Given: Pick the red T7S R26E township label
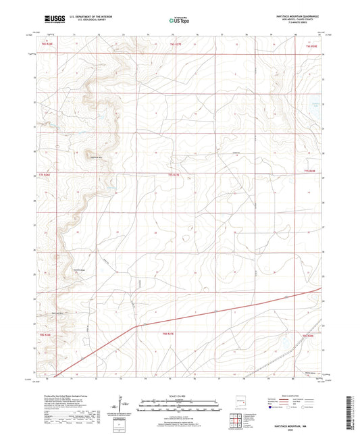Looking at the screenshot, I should (x=47, y=175).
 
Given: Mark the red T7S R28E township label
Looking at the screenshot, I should (x=310, y=173).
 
